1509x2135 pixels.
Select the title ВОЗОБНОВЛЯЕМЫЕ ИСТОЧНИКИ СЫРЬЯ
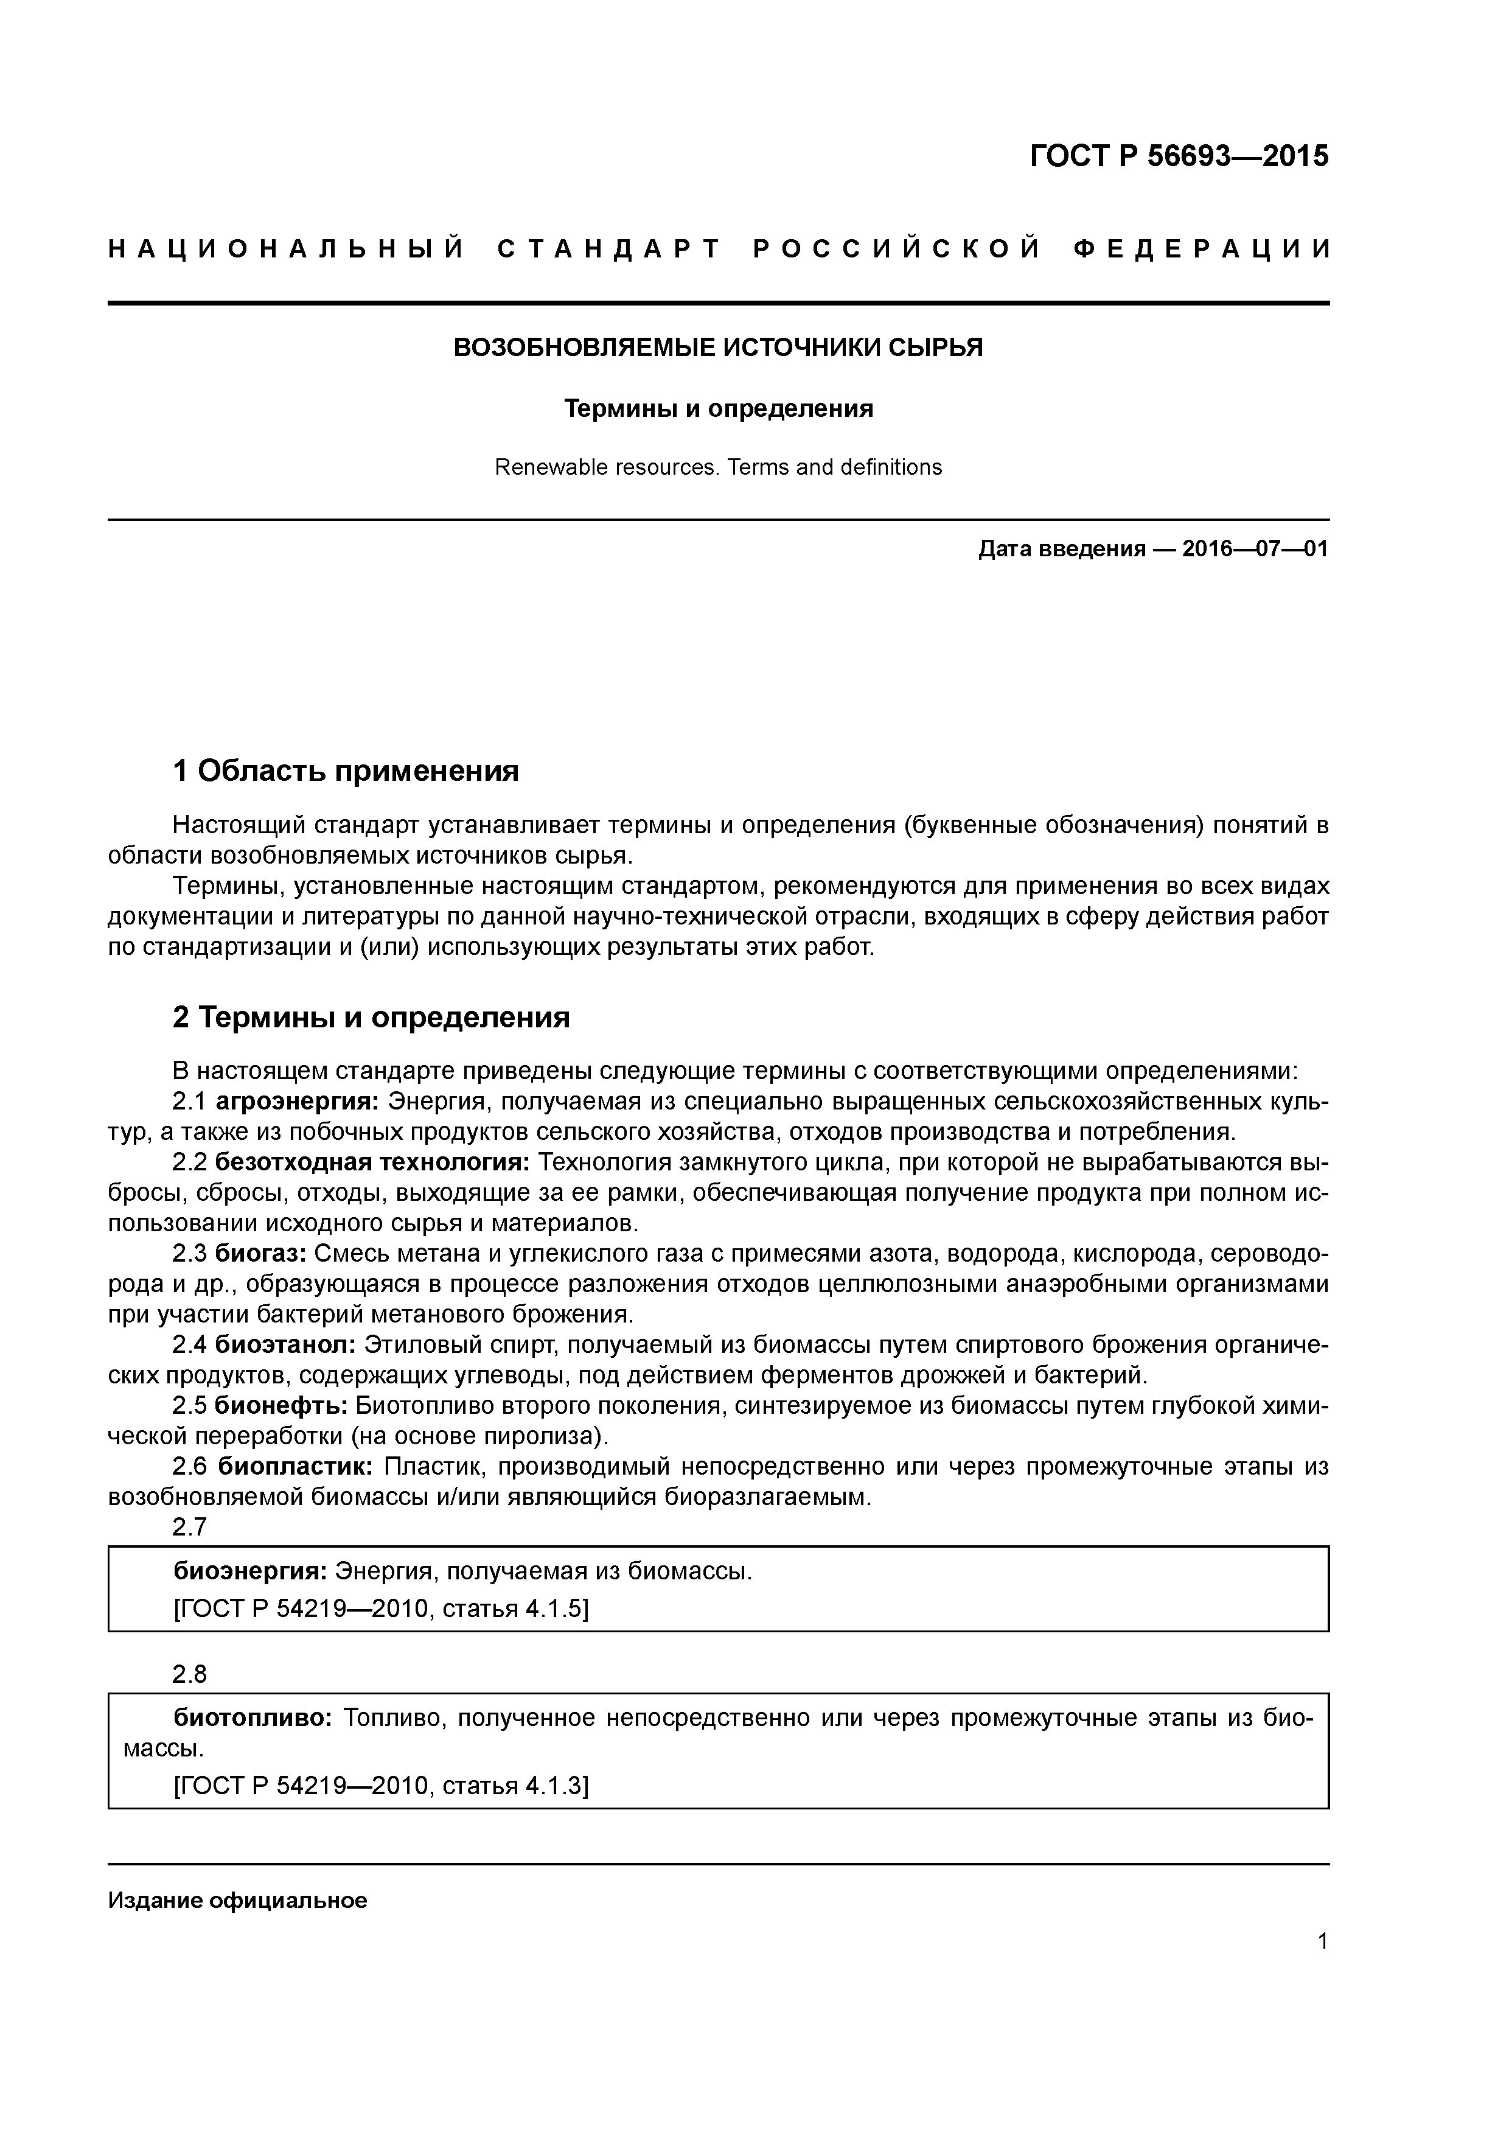tap(718, 348)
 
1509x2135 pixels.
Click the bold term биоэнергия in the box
tap(250, 1571)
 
